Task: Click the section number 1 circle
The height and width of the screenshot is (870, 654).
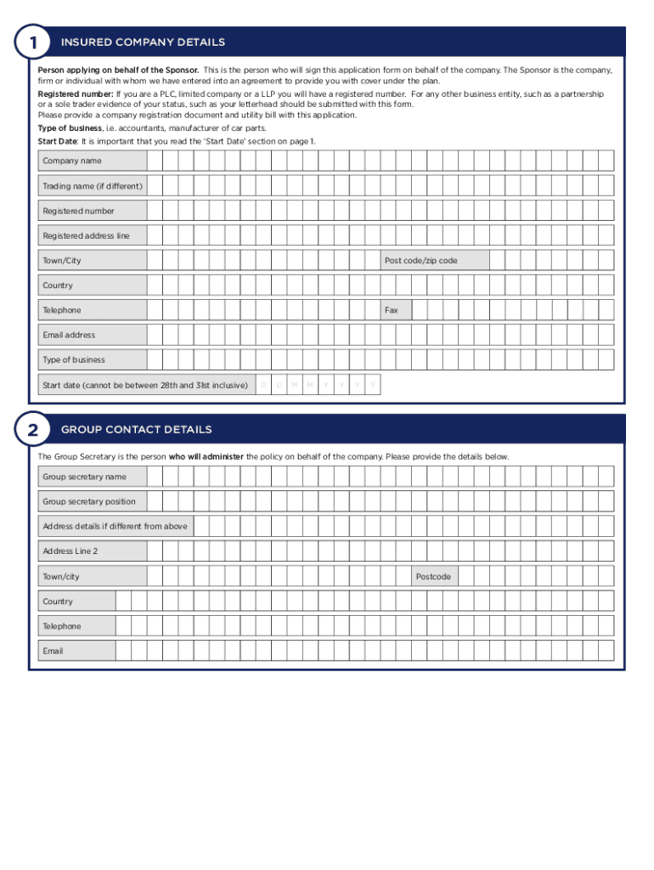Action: click(32, 42)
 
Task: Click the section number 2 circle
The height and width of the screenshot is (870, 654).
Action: click(32, 430)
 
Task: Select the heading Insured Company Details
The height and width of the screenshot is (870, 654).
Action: click(143, 42)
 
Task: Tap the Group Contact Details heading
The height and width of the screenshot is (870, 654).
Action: click(136, 430)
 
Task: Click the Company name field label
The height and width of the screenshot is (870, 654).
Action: click(72, 161)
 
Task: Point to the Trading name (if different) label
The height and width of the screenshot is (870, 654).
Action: click(93, 186)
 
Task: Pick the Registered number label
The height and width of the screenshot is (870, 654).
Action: click(78, 211)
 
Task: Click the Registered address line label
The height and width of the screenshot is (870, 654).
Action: click(86, 235)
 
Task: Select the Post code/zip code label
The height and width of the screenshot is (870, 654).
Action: click(420, 261)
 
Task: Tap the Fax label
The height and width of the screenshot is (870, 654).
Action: click(392, 310)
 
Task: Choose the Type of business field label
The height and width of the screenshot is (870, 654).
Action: click(74, 359)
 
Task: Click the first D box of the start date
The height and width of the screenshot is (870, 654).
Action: click(263, 385)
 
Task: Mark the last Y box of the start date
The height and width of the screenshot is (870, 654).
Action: click(372, 385)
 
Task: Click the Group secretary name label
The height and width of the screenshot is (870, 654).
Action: click(84, 477)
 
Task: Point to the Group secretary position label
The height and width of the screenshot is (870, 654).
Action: click(89, 501)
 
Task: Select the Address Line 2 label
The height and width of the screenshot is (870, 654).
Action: click(70, 551)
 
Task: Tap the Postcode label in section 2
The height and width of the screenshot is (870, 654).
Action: click(433, 577)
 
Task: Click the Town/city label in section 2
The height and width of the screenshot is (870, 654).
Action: click(61, 577)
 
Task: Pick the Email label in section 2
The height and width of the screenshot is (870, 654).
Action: click(53, 651)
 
